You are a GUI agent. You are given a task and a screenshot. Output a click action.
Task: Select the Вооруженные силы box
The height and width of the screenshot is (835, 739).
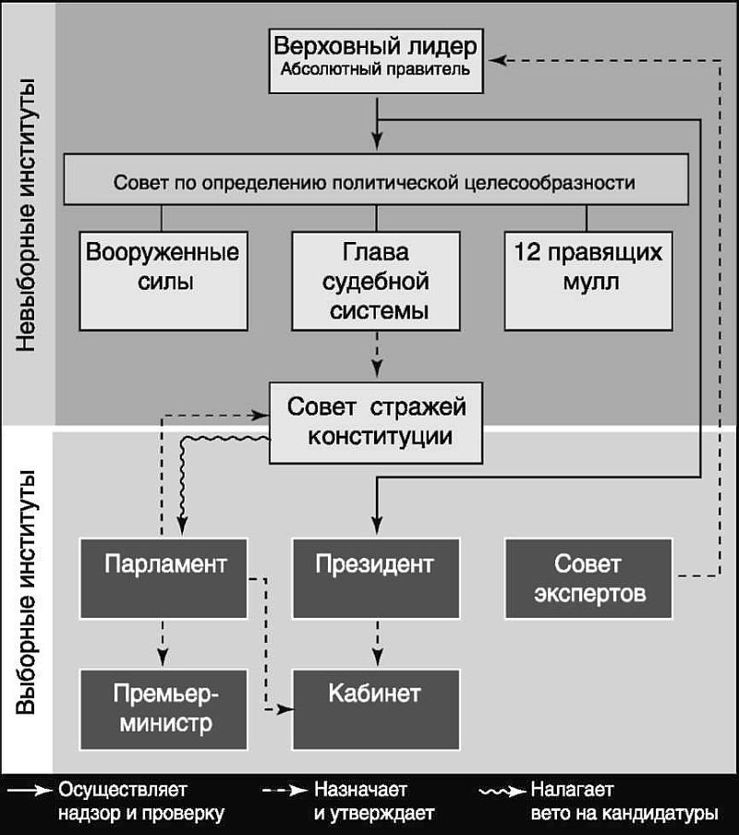coord(163,280)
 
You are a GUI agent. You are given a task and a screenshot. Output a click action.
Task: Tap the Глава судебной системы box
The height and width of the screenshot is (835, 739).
coord(376,280)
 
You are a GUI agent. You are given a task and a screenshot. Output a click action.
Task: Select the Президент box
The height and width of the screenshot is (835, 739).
coord(376,576)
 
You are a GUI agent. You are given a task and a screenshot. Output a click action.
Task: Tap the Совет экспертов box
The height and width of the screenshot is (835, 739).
coord(588,576)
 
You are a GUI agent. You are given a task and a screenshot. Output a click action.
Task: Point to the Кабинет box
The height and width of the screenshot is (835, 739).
coord(376,708)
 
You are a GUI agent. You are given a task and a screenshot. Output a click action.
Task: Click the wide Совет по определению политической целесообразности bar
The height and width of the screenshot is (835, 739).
coord(375,181)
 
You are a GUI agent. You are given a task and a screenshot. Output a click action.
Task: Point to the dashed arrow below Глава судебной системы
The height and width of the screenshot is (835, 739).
coord(377,352)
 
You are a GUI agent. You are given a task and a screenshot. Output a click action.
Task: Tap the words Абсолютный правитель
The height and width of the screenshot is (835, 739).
coord(376,70)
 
